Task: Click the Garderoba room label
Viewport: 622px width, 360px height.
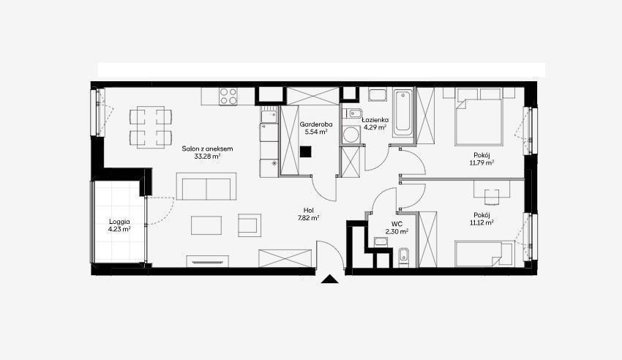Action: (x=316, y=124)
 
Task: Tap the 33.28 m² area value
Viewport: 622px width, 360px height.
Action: (x=207, y=156)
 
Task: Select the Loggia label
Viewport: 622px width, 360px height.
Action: (x=119, y=222)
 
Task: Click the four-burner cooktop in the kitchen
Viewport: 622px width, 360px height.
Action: (x=228, y=97)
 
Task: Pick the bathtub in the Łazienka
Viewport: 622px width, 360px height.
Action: (x=403, y=113)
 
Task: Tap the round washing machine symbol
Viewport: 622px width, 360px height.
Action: (x=351, y=135)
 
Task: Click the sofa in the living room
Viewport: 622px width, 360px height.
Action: (x=206, y=187)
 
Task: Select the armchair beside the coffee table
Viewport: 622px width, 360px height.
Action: (x=250, y=225)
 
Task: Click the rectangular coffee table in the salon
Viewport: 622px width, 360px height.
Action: (x=206, y=225)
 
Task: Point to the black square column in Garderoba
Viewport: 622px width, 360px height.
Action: (x=305, y=152)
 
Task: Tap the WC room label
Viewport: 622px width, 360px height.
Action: (x=397, y=225)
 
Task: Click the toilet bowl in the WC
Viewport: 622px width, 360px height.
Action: (x=403, y=256)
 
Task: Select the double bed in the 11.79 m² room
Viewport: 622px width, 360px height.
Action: (x=479, y=122)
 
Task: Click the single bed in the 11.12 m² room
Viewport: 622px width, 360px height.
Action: (x=484, y=253)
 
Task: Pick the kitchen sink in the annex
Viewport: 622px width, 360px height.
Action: (x=269, y=116)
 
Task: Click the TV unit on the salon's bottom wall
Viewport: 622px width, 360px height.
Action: (x=208, y=261)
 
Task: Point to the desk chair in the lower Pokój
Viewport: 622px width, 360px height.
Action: (x=492, y=197)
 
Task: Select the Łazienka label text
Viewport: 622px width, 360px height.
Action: (x=375, y=120)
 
